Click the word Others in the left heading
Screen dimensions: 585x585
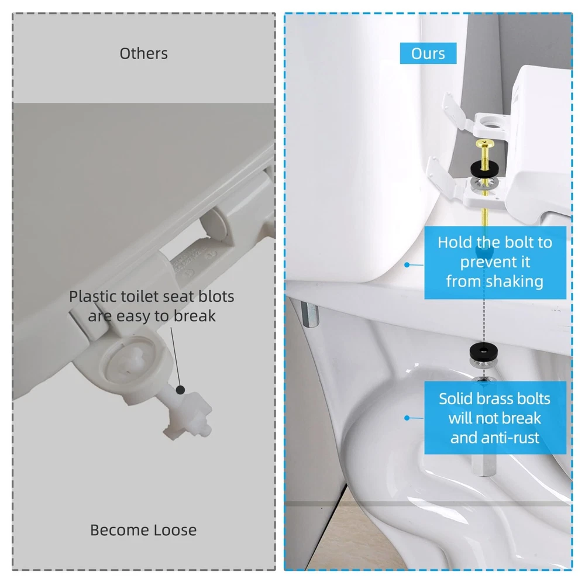[144, 54]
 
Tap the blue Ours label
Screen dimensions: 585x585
[428, 53]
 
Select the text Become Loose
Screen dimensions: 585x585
[143, 530]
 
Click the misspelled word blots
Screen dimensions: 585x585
[216, 297]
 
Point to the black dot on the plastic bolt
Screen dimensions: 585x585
[181, 390]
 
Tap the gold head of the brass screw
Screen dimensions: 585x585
[484, 143]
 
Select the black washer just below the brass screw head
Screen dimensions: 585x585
[484, 169]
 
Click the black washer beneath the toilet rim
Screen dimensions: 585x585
[484, 350]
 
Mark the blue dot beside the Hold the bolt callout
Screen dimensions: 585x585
[407, 264]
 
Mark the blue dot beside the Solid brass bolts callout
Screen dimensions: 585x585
[407, 418]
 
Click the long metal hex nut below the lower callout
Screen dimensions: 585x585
[484, 465]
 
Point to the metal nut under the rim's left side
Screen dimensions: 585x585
[310, 315]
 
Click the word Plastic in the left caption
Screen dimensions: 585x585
[93, 297]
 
